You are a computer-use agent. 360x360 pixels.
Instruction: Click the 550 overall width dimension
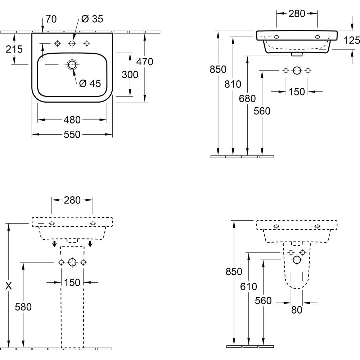click(72, 135)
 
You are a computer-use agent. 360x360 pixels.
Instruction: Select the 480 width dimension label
click(72, 120)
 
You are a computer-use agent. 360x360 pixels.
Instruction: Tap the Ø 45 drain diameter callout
click(90, 84)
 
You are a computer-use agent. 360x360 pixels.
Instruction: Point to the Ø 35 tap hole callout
click(92, 19)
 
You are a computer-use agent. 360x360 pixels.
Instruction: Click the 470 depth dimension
click(145, 62)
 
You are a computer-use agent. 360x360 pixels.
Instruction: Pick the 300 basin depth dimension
click(130, 75)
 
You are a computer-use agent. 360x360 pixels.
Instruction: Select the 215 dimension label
click(14, 49)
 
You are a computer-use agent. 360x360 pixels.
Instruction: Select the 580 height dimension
click(23, 307)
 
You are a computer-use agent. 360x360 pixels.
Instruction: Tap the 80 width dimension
click(297, 309)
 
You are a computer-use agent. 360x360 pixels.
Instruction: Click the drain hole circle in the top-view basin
click(72, 65)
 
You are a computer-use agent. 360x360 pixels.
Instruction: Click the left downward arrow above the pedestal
click(54, 244)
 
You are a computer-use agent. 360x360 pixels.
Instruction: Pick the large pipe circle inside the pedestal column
click(72, 262)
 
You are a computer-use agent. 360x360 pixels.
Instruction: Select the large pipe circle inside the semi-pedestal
click(297, 260)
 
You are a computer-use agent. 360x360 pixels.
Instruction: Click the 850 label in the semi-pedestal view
click(234, 271)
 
